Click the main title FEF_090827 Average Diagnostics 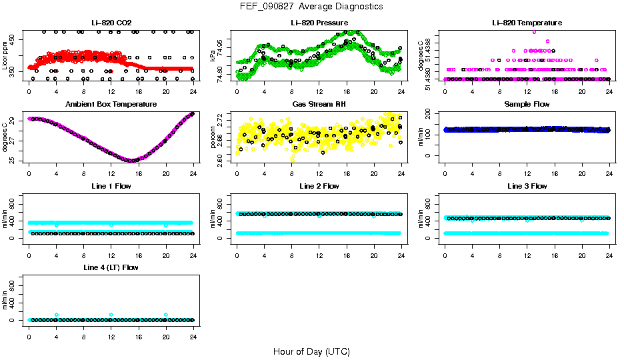(x=312, y=6)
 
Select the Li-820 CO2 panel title (x=111, y=23)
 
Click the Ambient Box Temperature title (x=111, y=104)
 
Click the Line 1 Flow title (x=111, y=186)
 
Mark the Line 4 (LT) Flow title (x=111, y=267)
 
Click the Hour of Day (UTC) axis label (x=311, y=351)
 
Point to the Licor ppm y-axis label (x=5, y=56)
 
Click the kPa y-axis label (x=213, y=56)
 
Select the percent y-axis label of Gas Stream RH (x=213, y=137)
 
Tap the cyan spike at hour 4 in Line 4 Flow (x=57, y=315)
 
